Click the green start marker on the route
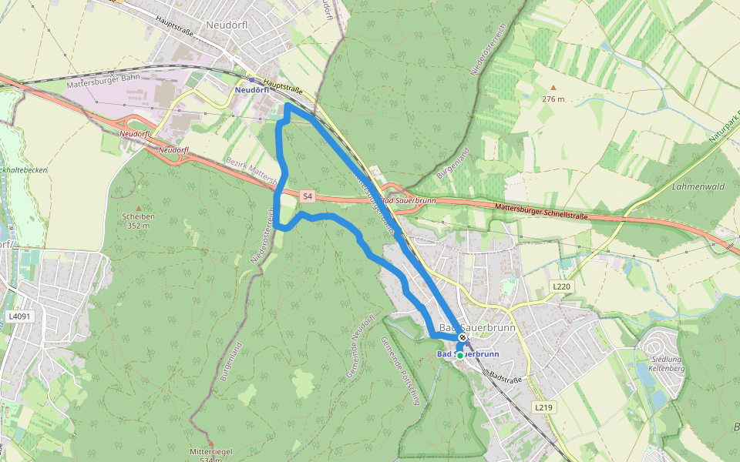[x=460, y=356]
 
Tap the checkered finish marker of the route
[x=462, y=338]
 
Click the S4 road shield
[x=308, y=196]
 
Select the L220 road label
[x=563, y=286]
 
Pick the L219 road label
[x=543, y=406]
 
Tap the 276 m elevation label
[x=553, y=99]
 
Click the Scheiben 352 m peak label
[x=139, y=221]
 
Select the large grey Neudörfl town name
[x=227, y=25]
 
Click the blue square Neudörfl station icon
[x=251, y=79]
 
